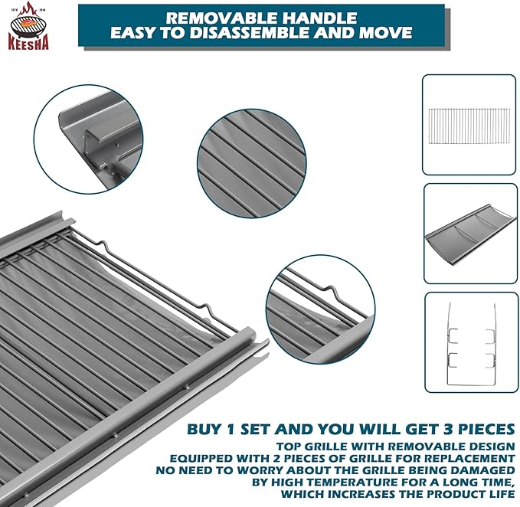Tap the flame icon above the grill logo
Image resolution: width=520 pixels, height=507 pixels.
[28, 9]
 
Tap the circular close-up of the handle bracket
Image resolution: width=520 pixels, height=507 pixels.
[89, 139]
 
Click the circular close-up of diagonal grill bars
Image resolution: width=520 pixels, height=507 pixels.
[252, 163]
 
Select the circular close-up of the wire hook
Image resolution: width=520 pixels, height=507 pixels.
[320, 309]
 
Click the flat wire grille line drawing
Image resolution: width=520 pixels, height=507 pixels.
[469, 126]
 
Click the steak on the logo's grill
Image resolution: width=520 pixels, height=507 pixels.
[28, 24]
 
